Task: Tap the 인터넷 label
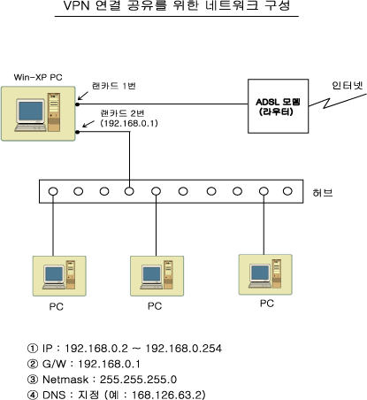tap(348, 85)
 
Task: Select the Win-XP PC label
tap(38, 77)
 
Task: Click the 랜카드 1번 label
tap(114, 86)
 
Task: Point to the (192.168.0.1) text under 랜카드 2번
tap(129, 123)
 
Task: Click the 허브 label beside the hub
tap(323, 193)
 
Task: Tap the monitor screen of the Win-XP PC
tap(31, 111)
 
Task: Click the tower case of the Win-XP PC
tap(54, 112)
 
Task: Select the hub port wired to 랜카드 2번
tap(129, 191)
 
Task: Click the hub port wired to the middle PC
tap(156, 191)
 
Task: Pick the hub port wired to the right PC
tap(264, 191)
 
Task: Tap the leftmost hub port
tap(53, 191)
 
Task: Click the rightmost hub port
tap(287, 191)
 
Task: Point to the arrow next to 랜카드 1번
tap(83, 96)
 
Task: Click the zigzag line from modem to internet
tap(338, 101)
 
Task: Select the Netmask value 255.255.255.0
tap(138, 380)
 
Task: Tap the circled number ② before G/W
tap(33, 364)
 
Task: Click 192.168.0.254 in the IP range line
tap(183, 349)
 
